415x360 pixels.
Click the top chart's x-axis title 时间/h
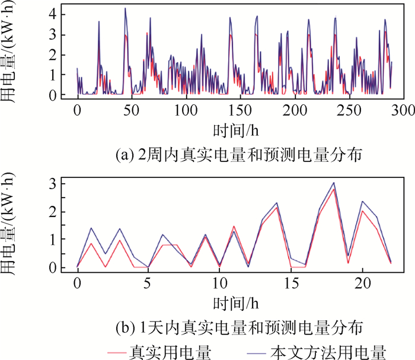coord(235,129)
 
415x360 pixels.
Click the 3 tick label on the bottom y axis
coord(54,184)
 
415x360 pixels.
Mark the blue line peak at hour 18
coord(334,183)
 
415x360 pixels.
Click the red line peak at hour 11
coord(234,226)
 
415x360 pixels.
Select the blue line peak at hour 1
coord(91,228)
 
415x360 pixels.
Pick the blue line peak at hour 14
coord(277,203)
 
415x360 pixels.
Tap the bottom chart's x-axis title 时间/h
coord(235,303)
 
